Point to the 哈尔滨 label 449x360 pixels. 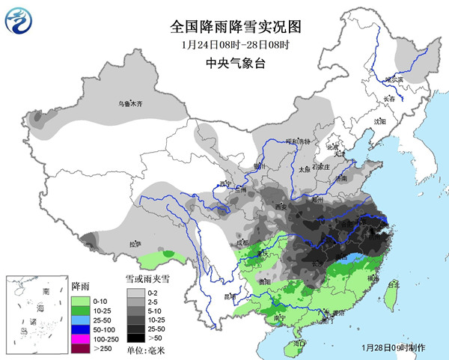pos(394,79)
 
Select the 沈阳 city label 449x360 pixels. pos(379,120)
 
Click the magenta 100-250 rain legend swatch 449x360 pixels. pos(78,338)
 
